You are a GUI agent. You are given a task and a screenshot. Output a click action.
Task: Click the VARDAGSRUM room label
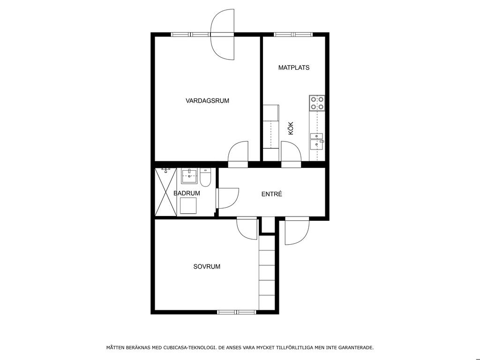(207, 101)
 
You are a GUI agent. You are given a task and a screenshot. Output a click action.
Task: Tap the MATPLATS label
(294, 67)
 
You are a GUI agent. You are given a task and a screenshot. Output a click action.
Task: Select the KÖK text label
(291, 128)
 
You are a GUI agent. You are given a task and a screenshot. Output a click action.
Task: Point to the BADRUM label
(187, 193)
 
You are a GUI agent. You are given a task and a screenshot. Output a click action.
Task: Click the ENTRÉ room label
(272, 194)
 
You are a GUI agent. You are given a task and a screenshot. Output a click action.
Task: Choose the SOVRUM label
(207, 267)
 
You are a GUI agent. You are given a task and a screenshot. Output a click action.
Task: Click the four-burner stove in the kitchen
(317, 103)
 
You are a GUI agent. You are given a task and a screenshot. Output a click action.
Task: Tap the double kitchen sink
(317, 141)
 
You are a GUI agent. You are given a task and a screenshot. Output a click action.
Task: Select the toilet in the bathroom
(205, 178)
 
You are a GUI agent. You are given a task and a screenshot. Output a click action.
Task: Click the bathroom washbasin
(189, 176)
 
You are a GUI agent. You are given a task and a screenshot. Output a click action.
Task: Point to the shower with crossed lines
(166, 192)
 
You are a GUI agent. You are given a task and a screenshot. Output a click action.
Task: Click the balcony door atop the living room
(223, 34)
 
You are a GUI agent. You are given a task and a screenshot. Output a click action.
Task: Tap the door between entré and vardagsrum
(238, 154)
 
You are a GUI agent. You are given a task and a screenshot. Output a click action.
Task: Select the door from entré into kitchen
(291, 154)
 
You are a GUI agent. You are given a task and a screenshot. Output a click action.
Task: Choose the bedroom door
(247, 228)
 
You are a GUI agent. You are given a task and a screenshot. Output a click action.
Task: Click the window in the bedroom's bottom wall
(237, 312)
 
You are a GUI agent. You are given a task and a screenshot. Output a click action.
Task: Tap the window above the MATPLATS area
(293, 35)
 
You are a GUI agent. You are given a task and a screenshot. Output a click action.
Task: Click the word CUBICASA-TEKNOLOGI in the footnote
(189, 347)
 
